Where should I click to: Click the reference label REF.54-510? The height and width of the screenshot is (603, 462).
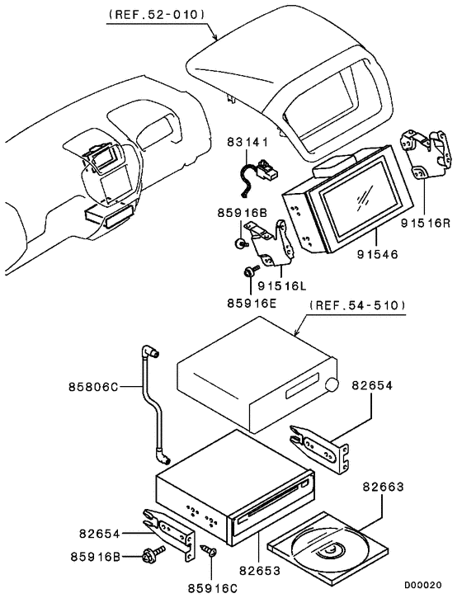(358, 304)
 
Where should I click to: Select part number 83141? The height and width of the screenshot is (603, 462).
(247, 143)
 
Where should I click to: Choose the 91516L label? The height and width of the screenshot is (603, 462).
(281, 285)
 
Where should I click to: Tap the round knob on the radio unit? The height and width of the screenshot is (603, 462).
(332, 385)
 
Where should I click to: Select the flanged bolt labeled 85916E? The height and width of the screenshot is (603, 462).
(248, 271)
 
